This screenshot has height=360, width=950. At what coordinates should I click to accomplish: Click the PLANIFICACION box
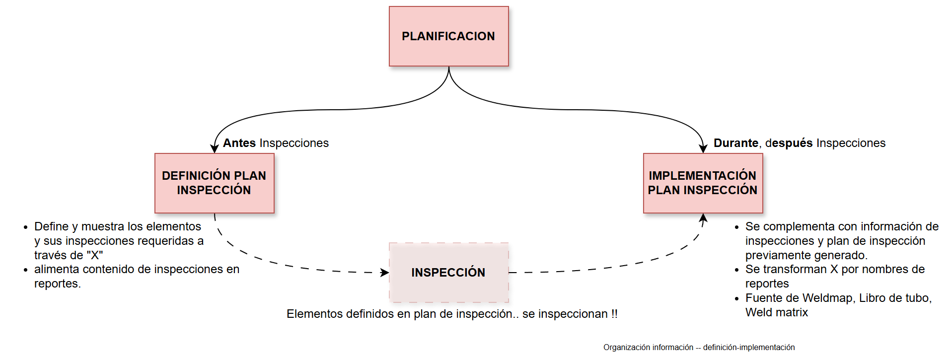tap(448, 36)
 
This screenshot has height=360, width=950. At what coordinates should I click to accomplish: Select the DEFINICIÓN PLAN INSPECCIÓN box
tap(214, 183)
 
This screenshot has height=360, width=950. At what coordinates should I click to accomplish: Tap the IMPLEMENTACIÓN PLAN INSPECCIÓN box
tap(703, 183)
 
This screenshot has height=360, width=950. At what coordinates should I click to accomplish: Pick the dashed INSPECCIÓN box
tap(448, 273)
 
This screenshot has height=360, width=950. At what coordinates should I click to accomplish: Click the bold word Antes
tap(239, 143)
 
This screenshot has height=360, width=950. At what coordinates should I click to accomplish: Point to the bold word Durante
tap(735, 143)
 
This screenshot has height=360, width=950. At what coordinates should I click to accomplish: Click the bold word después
tap(789, 143)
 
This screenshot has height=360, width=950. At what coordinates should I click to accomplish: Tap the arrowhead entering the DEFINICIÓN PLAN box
tap(215, 148)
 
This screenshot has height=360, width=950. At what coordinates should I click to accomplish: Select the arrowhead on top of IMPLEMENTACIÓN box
tap(703, 148)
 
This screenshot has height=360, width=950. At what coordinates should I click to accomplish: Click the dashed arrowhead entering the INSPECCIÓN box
tap(384, 273)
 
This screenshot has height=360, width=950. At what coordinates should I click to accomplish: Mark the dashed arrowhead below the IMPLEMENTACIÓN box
tap(703, 218)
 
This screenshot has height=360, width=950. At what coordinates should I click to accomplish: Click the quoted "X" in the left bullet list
tap(94, 255)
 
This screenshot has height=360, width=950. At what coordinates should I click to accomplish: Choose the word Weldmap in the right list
tap(827, 298)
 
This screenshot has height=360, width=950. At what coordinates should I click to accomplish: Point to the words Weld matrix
tap(776, 312)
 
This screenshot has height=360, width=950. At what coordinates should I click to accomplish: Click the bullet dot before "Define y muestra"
tap(26, 227)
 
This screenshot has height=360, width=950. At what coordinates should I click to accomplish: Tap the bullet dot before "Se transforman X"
tap(737, 270)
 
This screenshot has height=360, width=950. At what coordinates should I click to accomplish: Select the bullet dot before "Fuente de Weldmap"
tap(737, 299)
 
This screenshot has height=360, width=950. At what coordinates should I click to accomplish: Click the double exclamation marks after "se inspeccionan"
tap(614, 314)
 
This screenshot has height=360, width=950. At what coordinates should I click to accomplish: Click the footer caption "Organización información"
tap(648, 348)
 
